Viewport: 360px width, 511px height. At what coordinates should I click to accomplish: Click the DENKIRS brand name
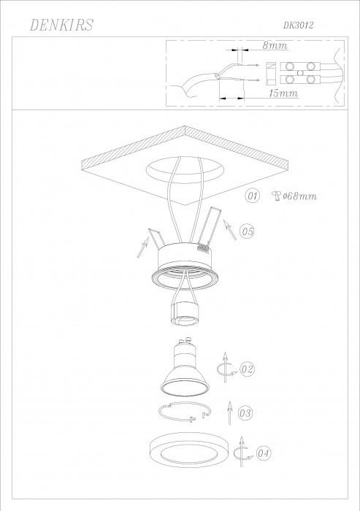(61, 25)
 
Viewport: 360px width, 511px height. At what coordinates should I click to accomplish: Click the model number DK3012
(298, 26)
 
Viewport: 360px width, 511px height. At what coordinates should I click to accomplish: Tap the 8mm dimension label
(275, 45)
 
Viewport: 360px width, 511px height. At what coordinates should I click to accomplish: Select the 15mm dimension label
(283, 93)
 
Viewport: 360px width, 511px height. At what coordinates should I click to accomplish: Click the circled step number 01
(253, 196)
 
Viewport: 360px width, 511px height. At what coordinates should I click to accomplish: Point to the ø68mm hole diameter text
(299, 196)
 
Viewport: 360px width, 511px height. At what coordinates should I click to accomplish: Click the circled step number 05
(247, 231)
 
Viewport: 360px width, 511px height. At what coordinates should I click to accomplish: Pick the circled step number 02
(247, 369)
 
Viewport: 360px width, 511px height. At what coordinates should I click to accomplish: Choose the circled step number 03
(245, 413)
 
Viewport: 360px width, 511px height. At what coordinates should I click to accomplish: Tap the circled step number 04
(263, 453)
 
